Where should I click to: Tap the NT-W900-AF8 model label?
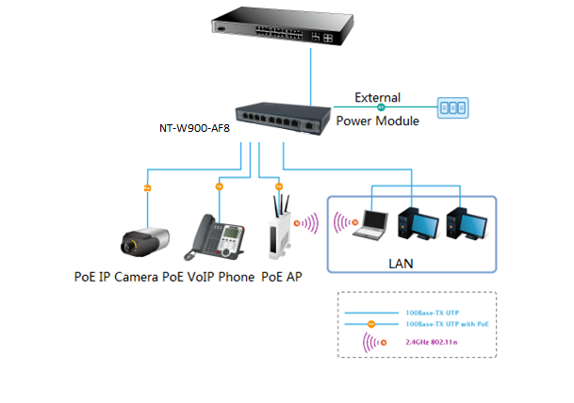pyautogui.click(x=194, y=129)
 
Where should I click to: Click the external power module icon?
pyautogui.click(x=451, y=107)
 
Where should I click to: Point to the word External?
pyautogui.click(x=377, y=97)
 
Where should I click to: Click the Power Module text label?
pyautogui.click(x=377, y=120)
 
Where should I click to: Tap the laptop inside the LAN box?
pyautogui.click(x=364, y=224)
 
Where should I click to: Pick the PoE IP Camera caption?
pyautogui.click(x=117, y=277)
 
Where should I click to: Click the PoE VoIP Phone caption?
pyautogui.click(x=208, y=277)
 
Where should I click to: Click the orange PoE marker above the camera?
pyautogui.click(x=146, y=189)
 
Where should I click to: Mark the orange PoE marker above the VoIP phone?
pyautogui.click(x=220, y=186)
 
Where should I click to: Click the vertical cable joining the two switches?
pyautogui.click(x=310, y=75)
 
